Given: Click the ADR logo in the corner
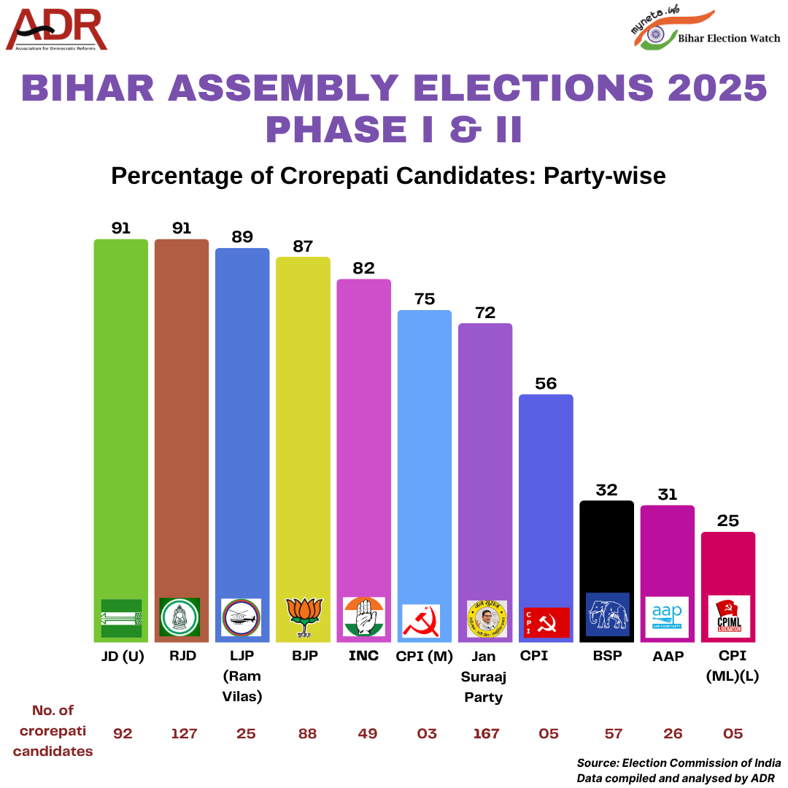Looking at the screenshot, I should (57, 30).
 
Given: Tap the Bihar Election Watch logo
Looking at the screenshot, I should (705, 31).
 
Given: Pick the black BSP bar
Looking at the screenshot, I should (606, 547).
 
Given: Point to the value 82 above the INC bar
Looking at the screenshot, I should (363, 268).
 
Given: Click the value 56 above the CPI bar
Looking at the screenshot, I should (546, 383).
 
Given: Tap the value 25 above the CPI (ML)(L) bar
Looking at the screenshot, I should (727, 520).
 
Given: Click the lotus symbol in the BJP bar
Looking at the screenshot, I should (303, 617).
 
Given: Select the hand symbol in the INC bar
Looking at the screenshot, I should (363, 617).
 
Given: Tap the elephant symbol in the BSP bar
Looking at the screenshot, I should (607, 614).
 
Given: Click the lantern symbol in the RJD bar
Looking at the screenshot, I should (180, 617).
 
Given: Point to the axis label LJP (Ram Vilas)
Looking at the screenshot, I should (242, 676).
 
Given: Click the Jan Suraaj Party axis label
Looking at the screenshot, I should (484, 676).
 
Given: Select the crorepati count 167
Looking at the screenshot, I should (486, 733).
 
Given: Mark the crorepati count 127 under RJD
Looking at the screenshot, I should (184, 733).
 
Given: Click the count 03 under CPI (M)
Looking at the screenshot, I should (425, 733).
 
